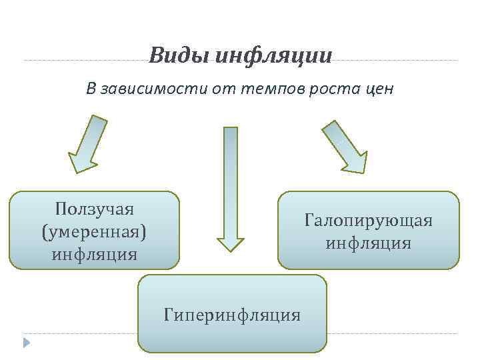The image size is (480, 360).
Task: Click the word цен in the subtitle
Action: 378,89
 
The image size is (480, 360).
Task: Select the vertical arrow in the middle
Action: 231,187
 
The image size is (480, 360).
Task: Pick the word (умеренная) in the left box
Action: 94,231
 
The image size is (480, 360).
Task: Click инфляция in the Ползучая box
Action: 94,254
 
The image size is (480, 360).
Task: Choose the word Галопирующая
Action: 368,220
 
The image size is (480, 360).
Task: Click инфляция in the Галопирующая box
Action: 368,243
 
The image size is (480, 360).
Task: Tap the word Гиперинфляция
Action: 232,314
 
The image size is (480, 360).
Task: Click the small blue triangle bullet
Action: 26,343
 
